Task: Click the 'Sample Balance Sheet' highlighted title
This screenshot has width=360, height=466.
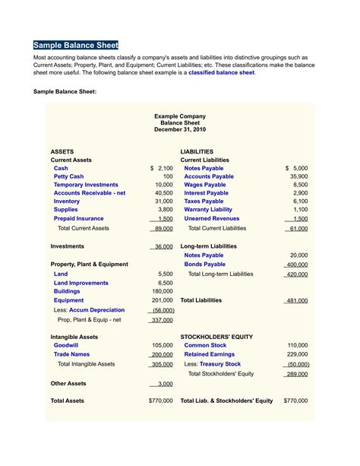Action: (x=76, y=45)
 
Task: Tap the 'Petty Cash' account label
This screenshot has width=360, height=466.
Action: (x=68, y=176)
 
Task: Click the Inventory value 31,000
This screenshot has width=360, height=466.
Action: (x=164, y=201)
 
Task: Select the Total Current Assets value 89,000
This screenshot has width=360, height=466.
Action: (x=163, y=228)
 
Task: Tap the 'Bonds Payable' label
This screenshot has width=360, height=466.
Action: (x=204, y=265)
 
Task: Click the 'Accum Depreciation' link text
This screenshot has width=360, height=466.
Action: (x=96, y=310)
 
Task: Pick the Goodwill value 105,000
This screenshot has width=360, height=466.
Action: (x=163, y=345)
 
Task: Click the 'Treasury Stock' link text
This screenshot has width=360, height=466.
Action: (x=221, y=364)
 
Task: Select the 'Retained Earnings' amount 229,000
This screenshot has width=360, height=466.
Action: (x=297, y=354)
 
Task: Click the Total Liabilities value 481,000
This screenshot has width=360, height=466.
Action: (x=296, y=301)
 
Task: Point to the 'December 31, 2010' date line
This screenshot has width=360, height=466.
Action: (x=179, y=130)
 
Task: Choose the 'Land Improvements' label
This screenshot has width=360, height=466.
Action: (x=81, y=283)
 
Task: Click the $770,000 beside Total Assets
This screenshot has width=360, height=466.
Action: (x=161, y=401)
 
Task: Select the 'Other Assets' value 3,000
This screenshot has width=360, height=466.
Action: (x=165, y=385)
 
